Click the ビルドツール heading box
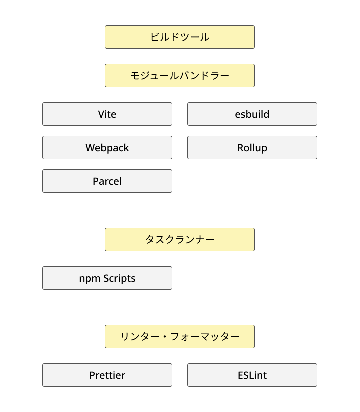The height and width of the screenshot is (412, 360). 180,37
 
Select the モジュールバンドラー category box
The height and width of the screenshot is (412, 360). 180,76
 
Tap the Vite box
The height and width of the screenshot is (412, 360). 107,114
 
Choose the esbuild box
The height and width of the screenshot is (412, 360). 252,114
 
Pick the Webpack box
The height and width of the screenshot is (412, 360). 107,148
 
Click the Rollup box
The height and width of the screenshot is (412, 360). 252,148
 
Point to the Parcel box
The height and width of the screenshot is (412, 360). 107,181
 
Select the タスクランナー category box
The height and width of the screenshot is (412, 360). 180,240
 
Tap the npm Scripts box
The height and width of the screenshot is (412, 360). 107,278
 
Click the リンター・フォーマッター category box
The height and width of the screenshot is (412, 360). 180,337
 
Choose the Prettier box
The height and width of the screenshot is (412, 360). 107,375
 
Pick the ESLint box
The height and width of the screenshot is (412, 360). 252,375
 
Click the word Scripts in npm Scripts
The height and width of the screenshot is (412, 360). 120,278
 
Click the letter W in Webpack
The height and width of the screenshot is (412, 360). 90,148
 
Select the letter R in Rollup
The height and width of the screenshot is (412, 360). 240,148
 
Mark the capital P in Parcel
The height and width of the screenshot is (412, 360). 96,181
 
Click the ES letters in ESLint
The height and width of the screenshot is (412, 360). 243,375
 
